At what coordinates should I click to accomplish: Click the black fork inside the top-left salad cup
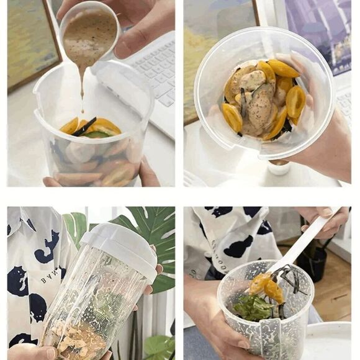pos(84,127)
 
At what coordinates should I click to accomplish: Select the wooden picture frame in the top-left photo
pos(31,43)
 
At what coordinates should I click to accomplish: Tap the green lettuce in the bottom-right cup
pos(251,307)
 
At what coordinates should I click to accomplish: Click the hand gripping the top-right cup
pos(323,143)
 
